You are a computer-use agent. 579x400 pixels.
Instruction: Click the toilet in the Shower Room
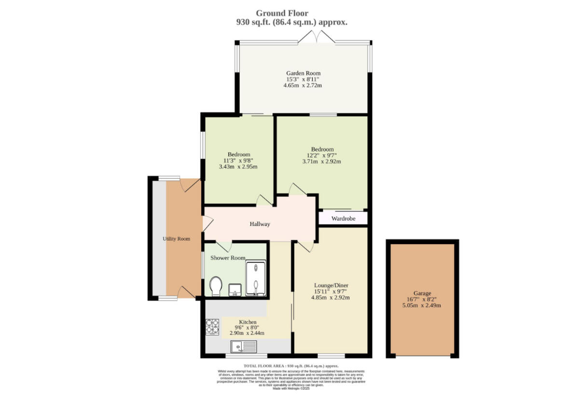coord(216,286)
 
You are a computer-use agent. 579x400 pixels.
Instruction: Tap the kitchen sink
coord(244,346)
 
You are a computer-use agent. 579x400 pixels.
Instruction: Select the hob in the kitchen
coord(212,327)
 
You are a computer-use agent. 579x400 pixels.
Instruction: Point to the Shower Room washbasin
coord(234,290)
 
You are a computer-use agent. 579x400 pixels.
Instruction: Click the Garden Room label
coord(303,73)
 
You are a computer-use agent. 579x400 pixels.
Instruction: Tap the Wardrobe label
coord(343,219)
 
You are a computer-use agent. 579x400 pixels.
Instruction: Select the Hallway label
coord(260,224)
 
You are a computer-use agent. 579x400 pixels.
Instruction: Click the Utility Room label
coord(176,239)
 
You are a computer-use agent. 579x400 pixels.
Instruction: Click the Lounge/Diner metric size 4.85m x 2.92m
coord(330,298)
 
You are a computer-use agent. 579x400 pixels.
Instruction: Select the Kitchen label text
coord(248,322)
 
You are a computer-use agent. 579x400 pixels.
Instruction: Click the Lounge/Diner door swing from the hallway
coord(306,247)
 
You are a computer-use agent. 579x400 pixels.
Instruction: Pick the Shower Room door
coord(224,245)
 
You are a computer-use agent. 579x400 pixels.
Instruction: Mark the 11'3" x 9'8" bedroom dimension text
coord(238,161)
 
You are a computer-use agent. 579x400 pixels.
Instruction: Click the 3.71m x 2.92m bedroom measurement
coord(321,162)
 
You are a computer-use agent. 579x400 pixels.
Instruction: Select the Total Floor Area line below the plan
coord(294,366)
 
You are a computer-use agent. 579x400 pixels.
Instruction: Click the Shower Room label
coord(228,258)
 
